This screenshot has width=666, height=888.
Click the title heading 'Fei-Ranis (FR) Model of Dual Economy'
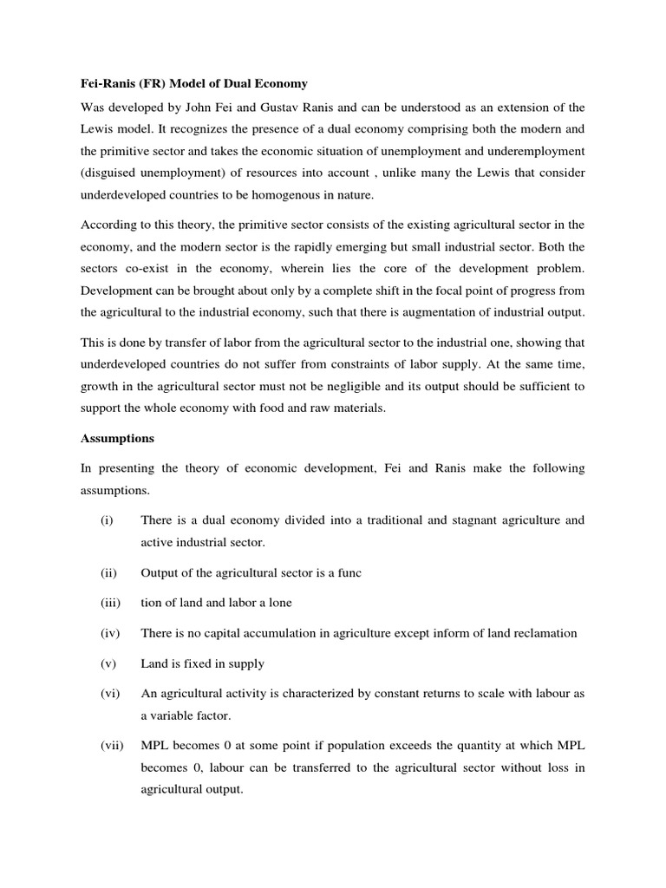pyautogui.click(x=194, y=83)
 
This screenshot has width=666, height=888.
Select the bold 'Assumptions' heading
pyautogui.click(x=116, y=438)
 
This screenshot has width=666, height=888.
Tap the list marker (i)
pyautogui.click(x=106, y=520)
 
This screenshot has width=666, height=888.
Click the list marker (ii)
pyautogui.click(x=108, y=573)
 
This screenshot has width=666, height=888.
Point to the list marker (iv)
pyautogui.click(x=108, y=633)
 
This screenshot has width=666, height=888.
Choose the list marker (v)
pyautogui.click(x=107, y=663)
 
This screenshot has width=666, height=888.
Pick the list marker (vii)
pyautogui.click(x=111, y=746)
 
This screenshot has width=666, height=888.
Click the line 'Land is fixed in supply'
pyautogui.click(x=202, y=663)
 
